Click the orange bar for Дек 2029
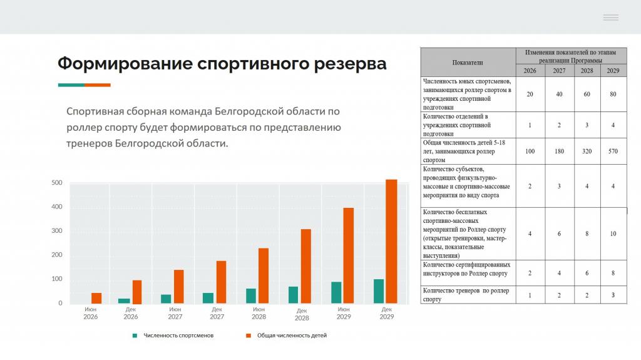click(391, 242)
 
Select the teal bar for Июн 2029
click(336, 292)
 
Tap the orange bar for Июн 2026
click(96, 298)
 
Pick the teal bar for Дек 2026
click(124, 301)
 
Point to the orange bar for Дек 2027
click(221, 282)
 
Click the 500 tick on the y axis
click(57, 183)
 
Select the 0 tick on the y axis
click(61, 303)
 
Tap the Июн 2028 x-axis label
click(259, 313)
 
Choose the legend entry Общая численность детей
click(286, 336)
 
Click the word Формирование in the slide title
click(125, 64)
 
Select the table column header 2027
click(559, 71)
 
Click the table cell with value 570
click(613, 152)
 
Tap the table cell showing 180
click(559, 152)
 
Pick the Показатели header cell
click(468, 63)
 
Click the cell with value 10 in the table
click(613, 234)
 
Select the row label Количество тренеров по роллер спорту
click(466, 295)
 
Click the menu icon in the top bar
click(611, 18)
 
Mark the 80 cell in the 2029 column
click(613, 94)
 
